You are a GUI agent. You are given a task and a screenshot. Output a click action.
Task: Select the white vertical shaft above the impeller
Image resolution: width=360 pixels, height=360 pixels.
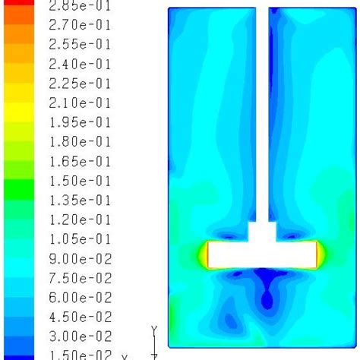pyautogui.click(x=261, y=114)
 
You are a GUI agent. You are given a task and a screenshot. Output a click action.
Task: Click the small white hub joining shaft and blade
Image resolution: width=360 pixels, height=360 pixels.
pyautogui.click(x=261, y=230)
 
